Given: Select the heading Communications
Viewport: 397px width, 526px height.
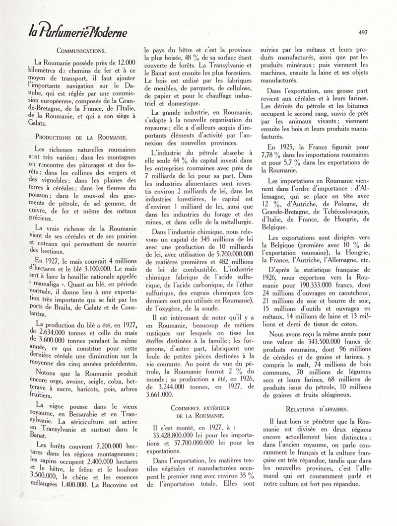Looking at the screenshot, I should coord(80,51).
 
